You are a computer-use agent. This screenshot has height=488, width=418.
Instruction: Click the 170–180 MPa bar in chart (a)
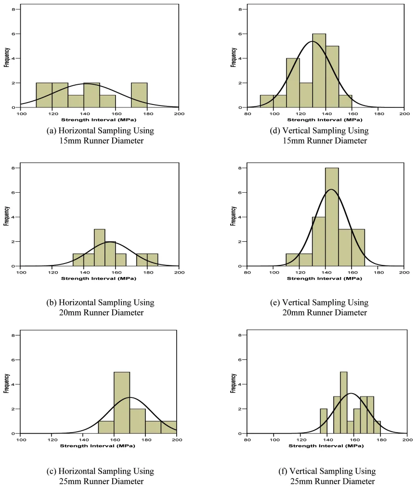(139, 95)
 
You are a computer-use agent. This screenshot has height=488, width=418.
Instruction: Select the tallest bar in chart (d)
(319, 71)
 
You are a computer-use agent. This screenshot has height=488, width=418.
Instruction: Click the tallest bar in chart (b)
(100, 247)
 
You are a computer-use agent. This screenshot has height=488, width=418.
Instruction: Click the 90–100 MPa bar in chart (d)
(267, 101)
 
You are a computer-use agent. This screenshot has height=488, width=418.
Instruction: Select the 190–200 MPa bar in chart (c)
(169, 427)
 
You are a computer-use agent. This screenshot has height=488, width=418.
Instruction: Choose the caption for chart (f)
(327, 476)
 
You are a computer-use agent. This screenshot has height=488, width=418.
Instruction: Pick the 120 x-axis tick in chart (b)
(52, 272)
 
